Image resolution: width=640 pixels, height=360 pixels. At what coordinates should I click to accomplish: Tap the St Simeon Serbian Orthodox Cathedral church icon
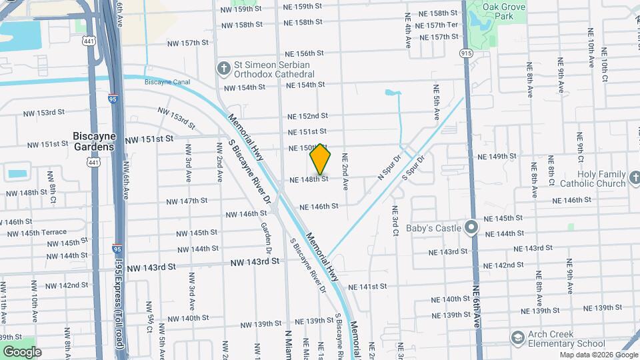[x=223, y=68]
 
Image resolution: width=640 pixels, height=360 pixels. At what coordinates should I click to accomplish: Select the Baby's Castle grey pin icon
[x=471, y=228]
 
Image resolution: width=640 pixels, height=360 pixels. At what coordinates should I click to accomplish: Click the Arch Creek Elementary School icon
[x=517, y=339]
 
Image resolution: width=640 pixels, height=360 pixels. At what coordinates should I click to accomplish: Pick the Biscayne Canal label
[x=167, y=82]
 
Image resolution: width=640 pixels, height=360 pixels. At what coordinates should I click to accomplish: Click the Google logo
[x=21, y=351]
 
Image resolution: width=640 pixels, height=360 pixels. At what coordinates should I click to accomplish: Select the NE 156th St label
[x=304, y=53]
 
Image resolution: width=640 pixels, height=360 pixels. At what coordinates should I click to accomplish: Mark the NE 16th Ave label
[x=477, y=313]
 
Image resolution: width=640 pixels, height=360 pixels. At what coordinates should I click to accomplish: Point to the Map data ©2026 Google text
[x=598, y=355]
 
